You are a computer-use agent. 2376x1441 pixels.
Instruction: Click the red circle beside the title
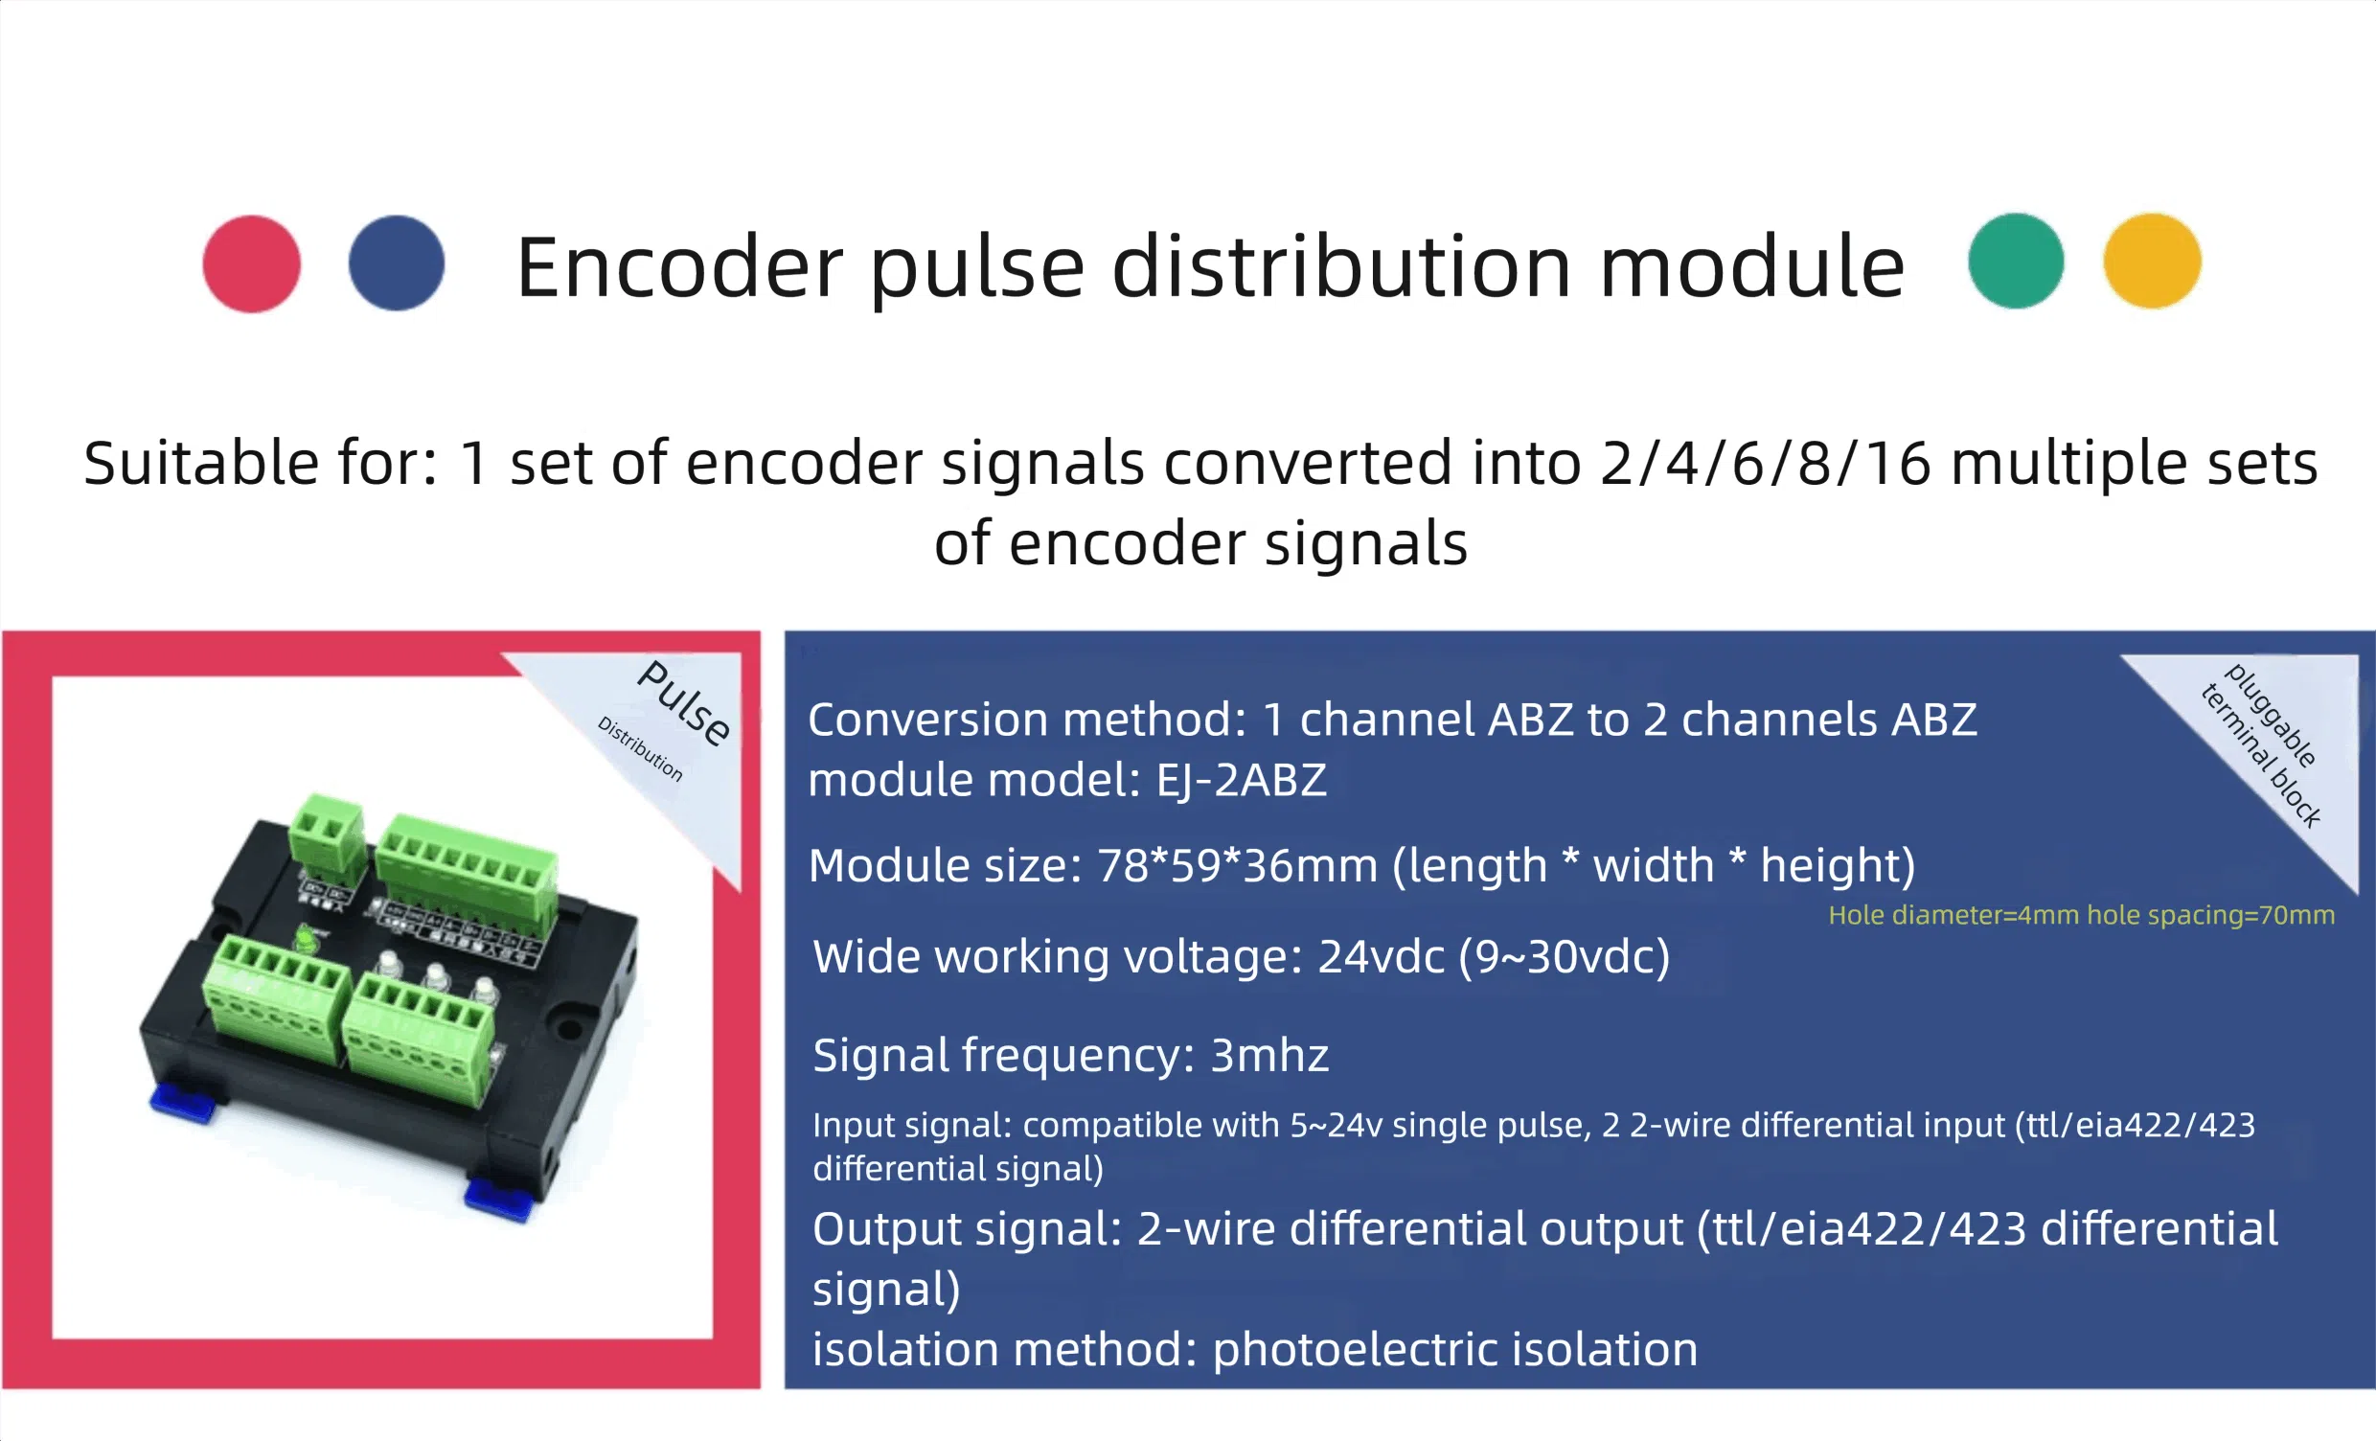coord(252,263)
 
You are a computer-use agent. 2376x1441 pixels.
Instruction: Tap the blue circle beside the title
coord(397,263)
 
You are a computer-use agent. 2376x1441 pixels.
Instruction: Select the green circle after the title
coord(2016,261)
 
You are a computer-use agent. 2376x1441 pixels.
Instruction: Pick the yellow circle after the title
coord(2152,261)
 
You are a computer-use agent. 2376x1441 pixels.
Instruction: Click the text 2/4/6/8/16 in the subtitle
coord(1766,464)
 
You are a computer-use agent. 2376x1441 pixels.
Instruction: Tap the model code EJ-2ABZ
coord(1241,779)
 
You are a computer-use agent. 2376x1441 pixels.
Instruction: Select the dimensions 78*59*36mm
coord(1238,865)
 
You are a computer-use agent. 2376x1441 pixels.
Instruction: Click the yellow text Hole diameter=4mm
coord(1953,914)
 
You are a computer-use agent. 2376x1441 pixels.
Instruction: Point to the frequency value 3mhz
coord(1269,1055)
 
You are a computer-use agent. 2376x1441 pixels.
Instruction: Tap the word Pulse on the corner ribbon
coord(685,702)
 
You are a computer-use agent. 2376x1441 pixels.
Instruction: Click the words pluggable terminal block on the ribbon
coord(2262,744)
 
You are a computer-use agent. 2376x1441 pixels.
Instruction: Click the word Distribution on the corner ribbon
coord(640,748)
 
